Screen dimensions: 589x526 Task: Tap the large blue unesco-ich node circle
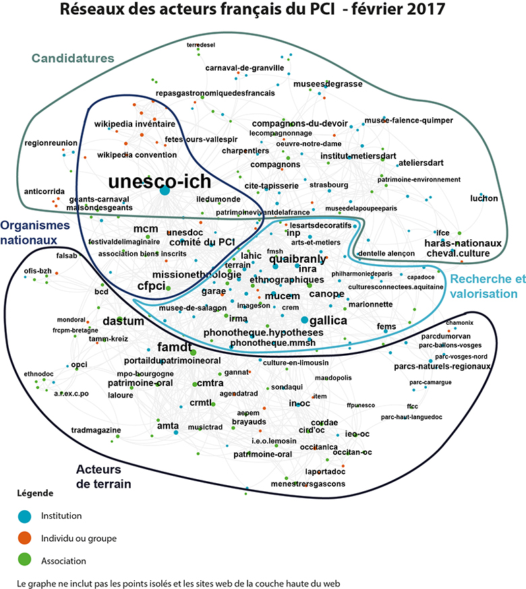coord(165,191)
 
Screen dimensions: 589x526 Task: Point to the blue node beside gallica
coord(305,319)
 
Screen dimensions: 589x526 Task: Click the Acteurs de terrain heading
coord(103,476)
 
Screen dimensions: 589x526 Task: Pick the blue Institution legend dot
coord(24,516)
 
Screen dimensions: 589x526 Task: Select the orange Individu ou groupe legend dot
coord(24,538)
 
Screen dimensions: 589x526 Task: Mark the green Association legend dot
coord(24,560)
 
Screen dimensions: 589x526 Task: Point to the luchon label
coord(484,198)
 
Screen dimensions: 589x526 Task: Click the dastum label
coord(123,321)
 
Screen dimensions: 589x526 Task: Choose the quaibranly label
coord(297,259)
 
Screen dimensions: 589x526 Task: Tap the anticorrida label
coord(45,191)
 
